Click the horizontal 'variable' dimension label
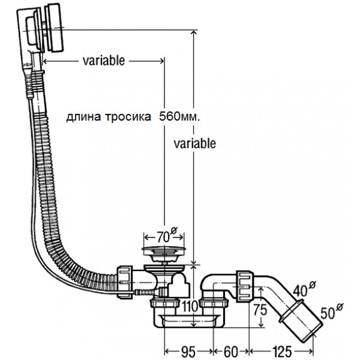104,61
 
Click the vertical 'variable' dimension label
194,143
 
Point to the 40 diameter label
302,290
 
